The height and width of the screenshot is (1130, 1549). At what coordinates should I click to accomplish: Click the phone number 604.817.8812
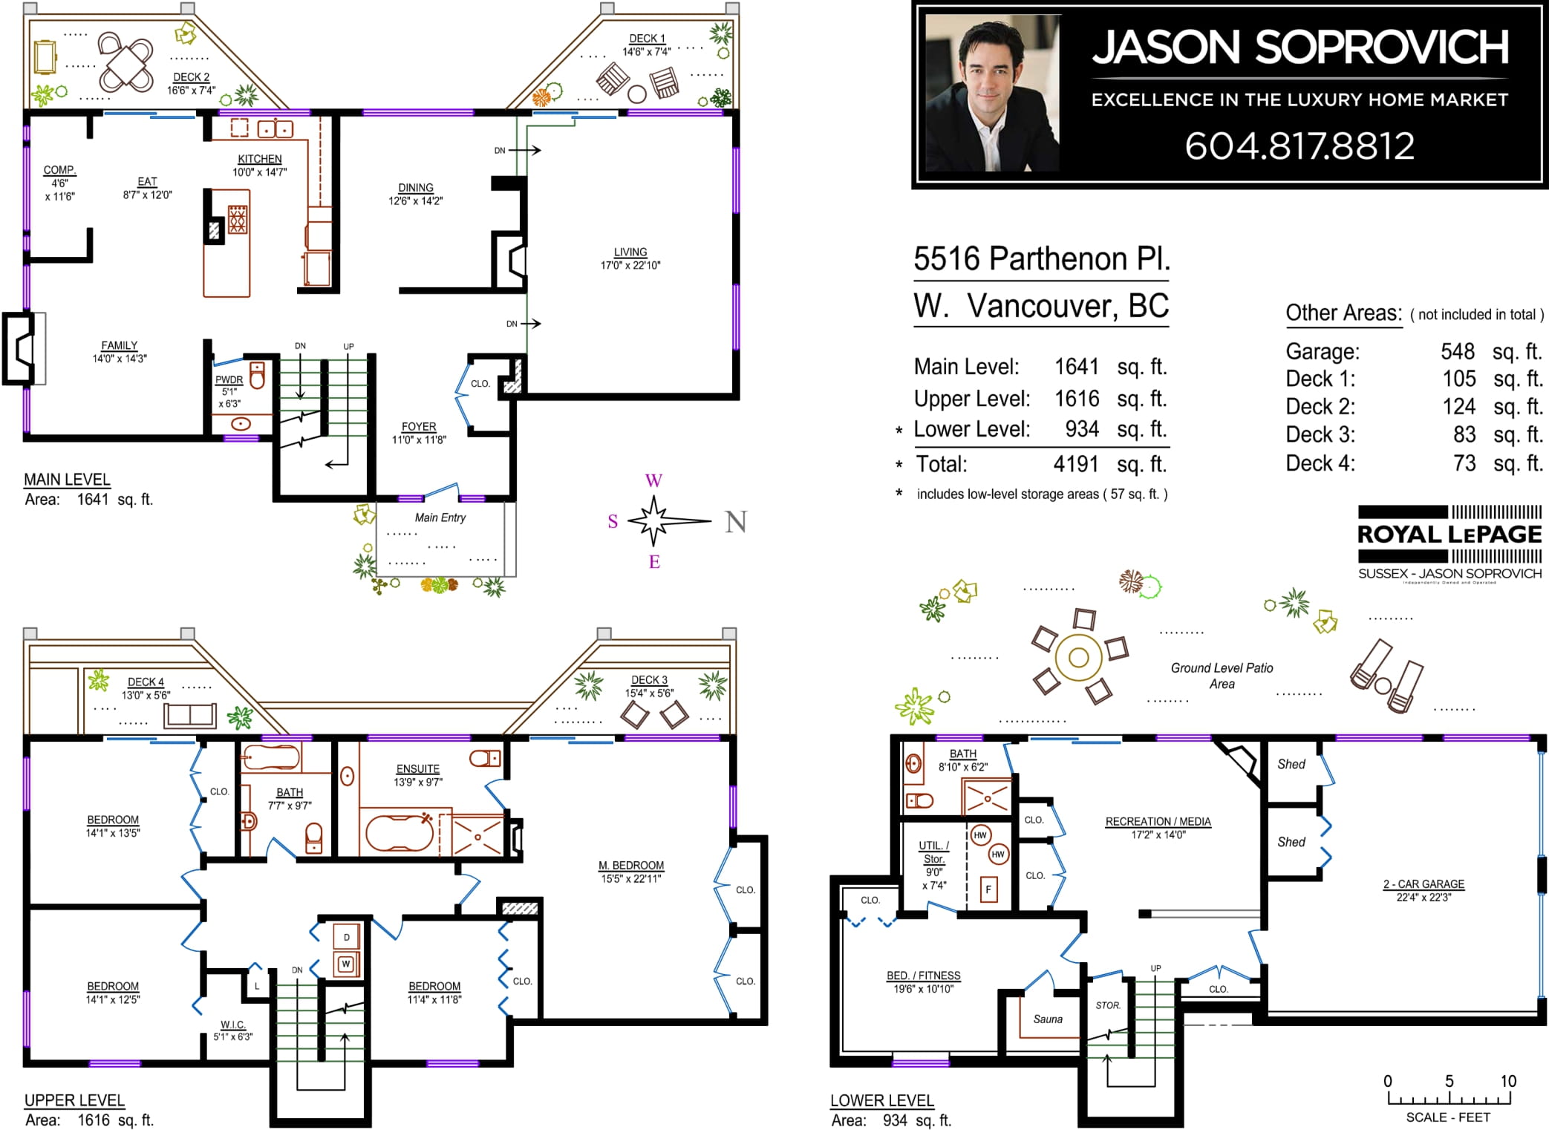tap(1299, 146)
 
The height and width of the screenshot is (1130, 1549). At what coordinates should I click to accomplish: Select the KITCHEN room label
tap(259, 159)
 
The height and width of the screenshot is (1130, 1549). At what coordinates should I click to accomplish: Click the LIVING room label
tap(630, 252)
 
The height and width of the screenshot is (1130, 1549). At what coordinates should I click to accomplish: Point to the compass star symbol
tap(654, 520)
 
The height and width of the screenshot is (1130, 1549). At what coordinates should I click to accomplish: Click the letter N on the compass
tap(736, 522)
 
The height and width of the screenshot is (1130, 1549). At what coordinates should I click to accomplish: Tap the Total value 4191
tap(1075, 464)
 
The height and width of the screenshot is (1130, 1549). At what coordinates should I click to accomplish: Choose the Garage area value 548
tap(1458, 351)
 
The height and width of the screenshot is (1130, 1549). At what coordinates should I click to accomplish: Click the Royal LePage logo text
tap(1449, 534)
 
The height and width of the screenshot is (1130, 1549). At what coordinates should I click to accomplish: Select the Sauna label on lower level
tap(1048, 1019)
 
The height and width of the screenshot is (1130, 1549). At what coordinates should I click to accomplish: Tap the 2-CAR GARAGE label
tap(1424, 884)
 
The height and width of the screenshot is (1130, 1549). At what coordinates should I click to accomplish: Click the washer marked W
tap(346, 964)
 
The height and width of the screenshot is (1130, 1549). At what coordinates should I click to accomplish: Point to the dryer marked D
tap(346, 937)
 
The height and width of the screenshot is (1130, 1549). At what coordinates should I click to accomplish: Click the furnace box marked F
tap(988, 889)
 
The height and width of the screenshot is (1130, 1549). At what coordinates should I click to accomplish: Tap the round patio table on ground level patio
tap(1078, 657)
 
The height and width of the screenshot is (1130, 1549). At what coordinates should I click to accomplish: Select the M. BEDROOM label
tap(631, 866)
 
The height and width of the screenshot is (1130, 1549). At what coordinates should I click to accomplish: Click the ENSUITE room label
tap(418, 769)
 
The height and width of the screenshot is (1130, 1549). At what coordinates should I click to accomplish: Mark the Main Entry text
tap(440, 517)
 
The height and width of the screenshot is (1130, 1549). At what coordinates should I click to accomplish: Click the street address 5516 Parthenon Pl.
tap(1042, 259)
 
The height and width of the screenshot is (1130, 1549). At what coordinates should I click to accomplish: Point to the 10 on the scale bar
tap(1508, 1081)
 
